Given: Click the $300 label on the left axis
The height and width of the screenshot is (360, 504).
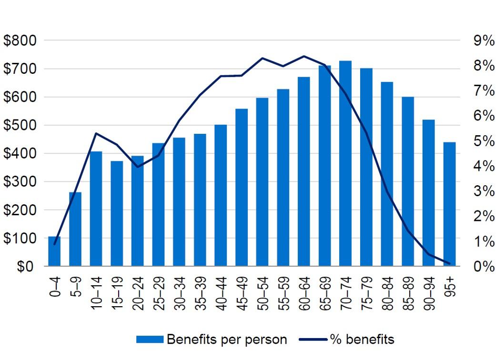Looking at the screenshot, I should coord(20,182).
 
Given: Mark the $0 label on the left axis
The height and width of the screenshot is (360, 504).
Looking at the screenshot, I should coord(27,267).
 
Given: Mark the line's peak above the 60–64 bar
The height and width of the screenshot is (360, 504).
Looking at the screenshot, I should coord(304,56).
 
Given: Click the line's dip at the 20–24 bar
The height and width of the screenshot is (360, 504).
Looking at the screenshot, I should coord(138,167).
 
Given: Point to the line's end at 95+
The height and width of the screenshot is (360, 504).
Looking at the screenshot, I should coord(449,263).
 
